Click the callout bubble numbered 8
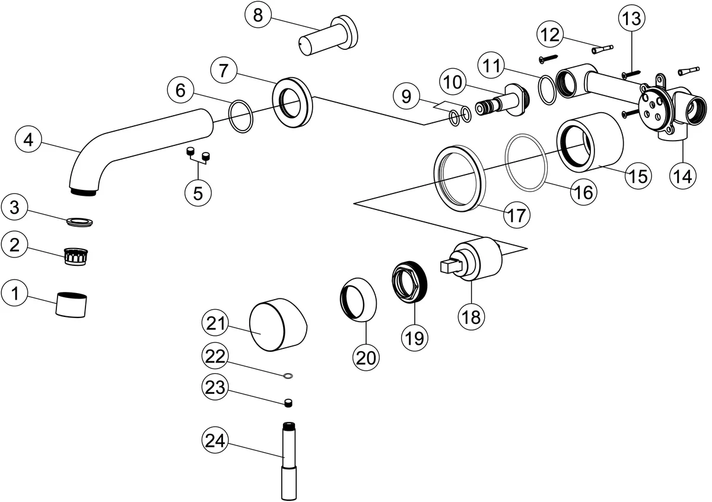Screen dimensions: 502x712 click(x=258, y=15)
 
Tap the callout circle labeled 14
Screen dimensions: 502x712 click(x=682, y=176)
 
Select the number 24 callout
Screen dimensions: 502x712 click(x=217, y=441)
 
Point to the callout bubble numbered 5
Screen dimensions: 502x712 click(x=198, y=192)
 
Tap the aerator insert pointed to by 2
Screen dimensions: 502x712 click(x=77, y=256)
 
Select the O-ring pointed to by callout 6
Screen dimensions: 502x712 click(x=241, y=116)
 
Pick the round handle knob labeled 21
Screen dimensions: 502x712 click(x=279, y=325)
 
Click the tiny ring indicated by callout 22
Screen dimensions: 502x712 click(x=288, y=375)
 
